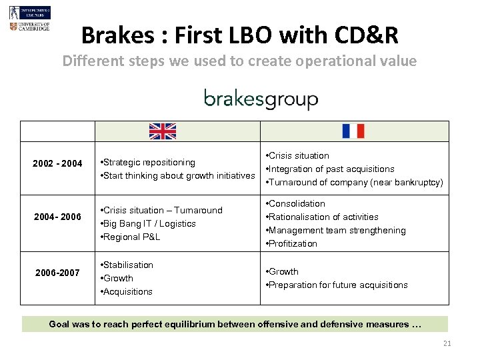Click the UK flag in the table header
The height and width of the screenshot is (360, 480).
tap(162, 131)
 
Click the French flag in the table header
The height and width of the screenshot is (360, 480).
tap(353, 131)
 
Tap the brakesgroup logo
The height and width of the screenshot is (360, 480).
tap(261, 99)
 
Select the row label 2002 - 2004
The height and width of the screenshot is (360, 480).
tap(58, 164)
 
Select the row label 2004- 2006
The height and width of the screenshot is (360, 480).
tap(58, 217)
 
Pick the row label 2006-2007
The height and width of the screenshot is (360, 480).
tap(58, 273)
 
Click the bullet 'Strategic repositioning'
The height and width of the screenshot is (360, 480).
tap(147, 162)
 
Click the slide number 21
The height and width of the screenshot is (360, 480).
tap(447, 343)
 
